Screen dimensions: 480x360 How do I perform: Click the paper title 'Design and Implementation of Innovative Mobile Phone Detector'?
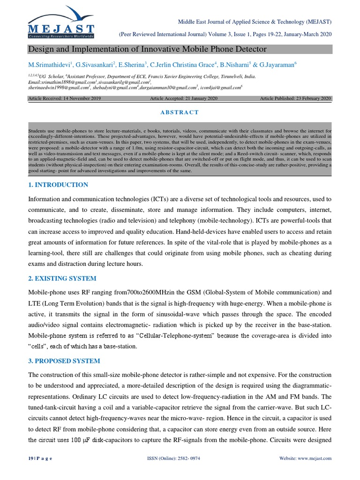point(148,49)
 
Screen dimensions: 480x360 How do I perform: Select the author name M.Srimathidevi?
point(49,65)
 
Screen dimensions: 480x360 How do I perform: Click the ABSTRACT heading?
point(180,112)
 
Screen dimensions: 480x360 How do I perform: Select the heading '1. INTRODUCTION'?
point(58,185)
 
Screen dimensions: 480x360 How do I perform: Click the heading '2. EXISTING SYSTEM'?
point(62,278)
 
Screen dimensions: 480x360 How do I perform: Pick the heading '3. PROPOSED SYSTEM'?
point(64,361)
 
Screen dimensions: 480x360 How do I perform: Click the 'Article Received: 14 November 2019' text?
point(64,98)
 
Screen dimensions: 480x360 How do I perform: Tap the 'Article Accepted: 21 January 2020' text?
point(184,98)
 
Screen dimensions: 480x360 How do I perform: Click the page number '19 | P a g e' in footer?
point(40,458)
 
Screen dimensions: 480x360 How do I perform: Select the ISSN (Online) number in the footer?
point(180,458)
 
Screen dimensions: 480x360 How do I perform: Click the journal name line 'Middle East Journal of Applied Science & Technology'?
point(255,22)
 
